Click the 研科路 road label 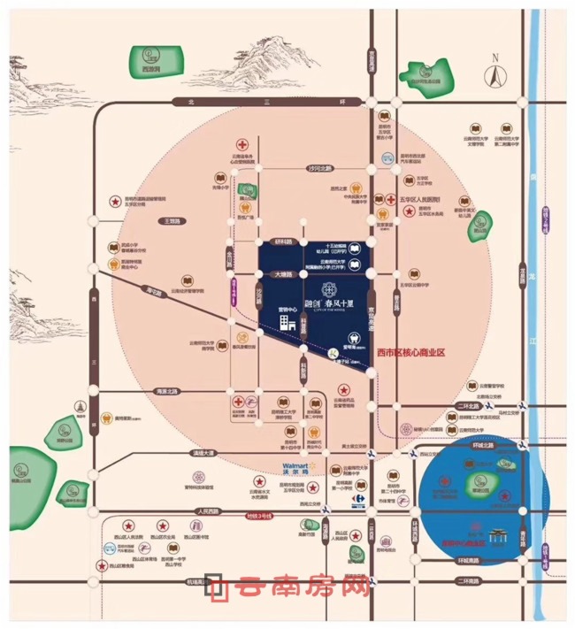pyautogui.click(x=282, y=241)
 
